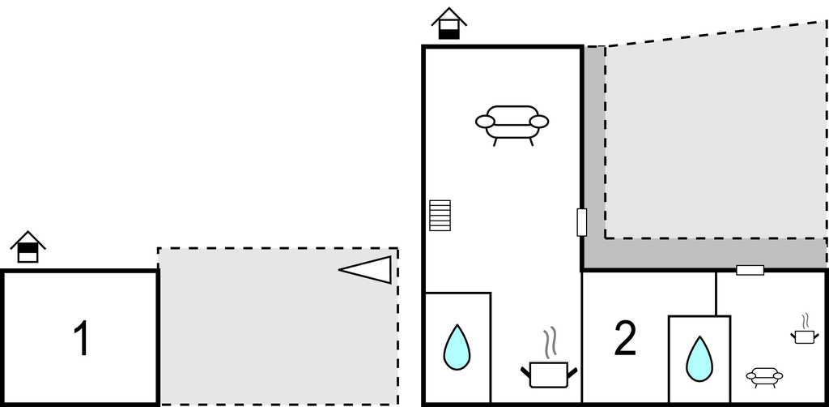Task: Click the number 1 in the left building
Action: pos(81,339)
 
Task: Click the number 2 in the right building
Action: pos(625,339)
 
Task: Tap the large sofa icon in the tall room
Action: pos(512,123)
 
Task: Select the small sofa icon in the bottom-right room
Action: pos(764,376)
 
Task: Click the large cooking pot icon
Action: pos(548,375)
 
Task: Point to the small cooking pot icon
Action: pos(803,336)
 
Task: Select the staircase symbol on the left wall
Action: pos(440,215)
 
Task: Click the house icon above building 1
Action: pos(28,247)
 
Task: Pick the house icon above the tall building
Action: pos(449,24)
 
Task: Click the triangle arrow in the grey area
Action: pos(368,269)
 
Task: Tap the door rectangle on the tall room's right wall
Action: pos(581,221)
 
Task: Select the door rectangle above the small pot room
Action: pos(750,270)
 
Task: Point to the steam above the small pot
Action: pos(805,320)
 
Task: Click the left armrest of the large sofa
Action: pos(485,122)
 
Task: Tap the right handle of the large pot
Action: pos(572,373)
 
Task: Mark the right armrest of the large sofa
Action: pos(539,122)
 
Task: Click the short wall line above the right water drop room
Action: pos(716,293)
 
